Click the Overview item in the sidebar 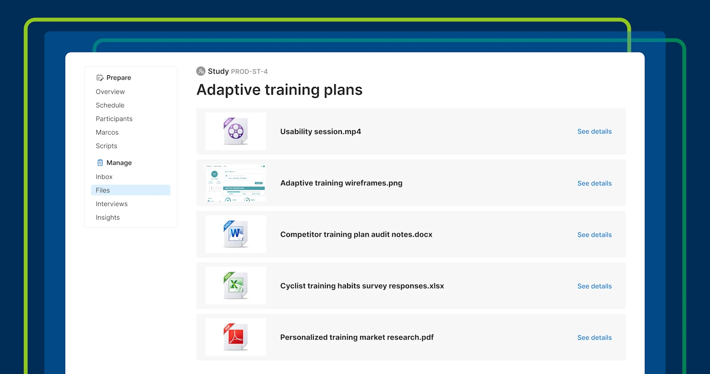[x=110, y=92]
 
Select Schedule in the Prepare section [x=110, y=105]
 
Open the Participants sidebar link [x=114, y=119]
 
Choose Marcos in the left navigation [x=107, y=132]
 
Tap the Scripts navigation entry [x=106, y=146]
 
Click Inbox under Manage [x=104, y=177]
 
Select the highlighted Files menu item [x=103, y=190]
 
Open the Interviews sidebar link [x=112, y=204]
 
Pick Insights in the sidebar [x=108, y=217]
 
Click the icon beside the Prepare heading [x=100, y=78]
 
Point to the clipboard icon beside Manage [x=100, y=163]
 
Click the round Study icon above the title [x=201, y=71]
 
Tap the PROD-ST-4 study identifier [x=249, y=72]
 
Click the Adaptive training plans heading [x=279, y=90]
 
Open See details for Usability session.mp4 [x=594, y=131]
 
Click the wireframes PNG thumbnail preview [x=236, y=183]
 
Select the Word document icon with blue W [x=236, y=234]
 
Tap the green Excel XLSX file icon [x=236, y=286]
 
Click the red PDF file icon [x=236, y=337]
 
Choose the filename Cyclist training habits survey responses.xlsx [x=362, y=286]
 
